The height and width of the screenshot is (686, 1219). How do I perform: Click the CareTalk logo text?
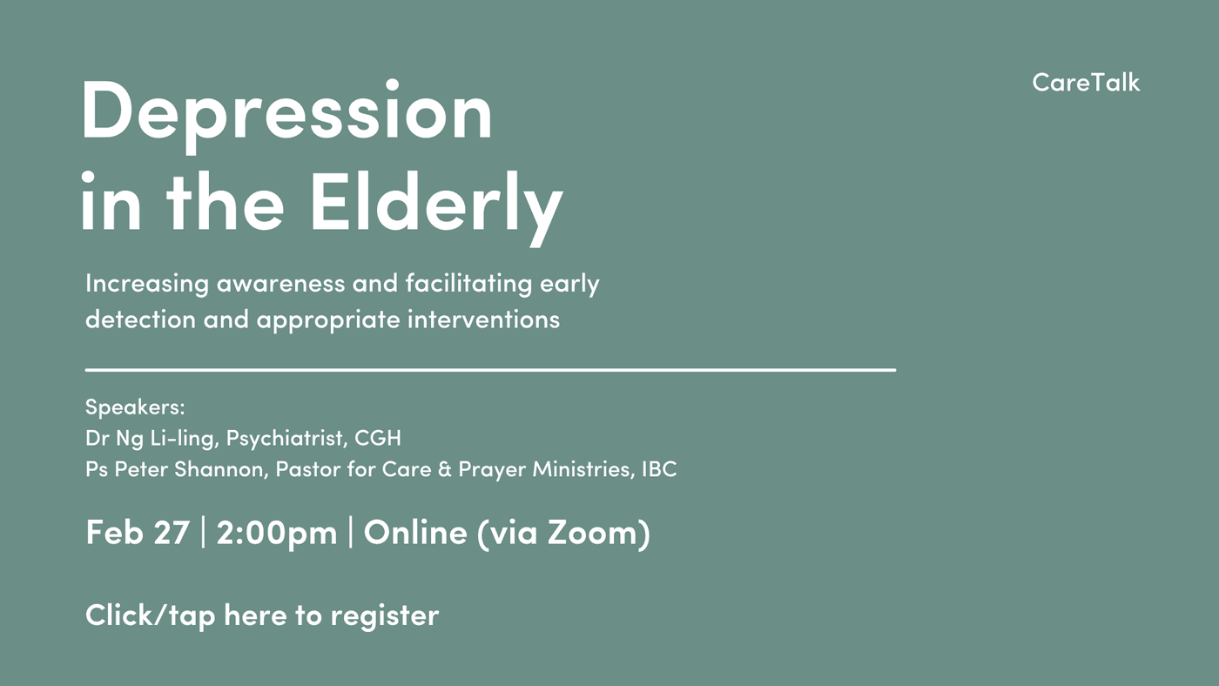coord(1086,83)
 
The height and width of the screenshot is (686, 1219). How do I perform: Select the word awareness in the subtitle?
coord(280,284)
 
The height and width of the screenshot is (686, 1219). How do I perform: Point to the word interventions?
coord(483,319)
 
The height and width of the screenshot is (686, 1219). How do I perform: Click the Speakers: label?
coord(135,407)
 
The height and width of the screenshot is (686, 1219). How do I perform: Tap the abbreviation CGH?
coord(378,438)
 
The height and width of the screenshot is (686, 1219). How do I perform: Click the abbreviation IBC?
coord(659,469)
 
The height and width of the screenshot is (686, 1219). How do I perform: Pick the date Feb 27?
coord(138,532)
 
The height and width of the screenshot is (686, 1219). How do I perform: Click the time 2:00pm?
coord(277,533)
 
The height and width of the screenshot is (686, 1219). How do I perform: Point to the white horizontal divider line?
coord(490,370)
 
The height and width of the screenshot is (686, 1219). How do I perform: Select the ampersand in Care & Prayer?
coord(445,469)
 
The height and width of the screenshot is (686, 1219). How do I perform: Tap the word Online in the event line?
coord(415,532)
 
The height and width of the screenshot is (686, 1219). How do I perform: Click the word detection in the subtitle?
coord(140,319)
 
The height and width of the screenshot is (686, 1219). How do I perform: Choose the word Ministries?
coord(583,469)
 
